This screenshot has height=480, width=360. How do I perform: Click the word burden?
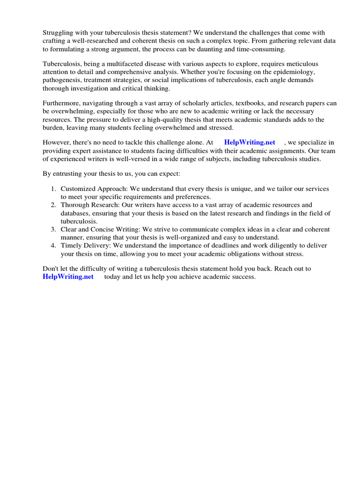click(53, 128)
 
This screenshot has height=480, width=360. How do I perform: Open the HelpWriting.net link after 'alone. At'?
click(249, 142)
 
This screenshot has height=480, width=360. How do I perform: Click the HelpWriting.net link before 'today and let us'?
click(68, 277)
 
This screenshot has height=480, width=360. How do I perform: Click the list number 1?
click(53, 188)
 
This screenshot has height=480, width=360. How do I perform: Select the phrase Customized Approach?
click(91, 188)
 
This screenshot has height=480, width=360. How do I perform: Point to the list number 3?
click(53, 229)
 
